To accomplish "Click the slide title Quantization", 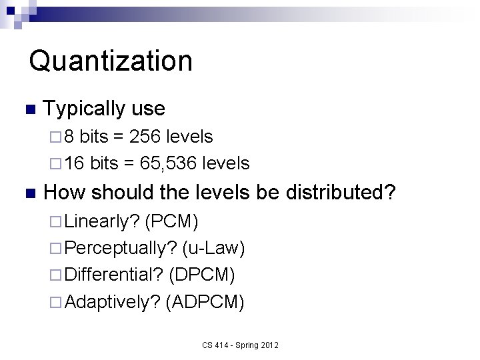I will point(111,61).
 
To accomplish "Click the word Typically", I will point(84,108).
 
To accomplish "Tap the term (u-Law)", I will point(213,248).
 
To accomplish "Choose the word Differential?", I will point(115,275).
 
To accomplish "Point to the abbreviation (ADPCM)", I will point(205,303).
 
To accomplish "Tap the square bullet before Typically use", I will point(27,109).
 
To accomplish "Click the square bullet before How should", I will point(27,194).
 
